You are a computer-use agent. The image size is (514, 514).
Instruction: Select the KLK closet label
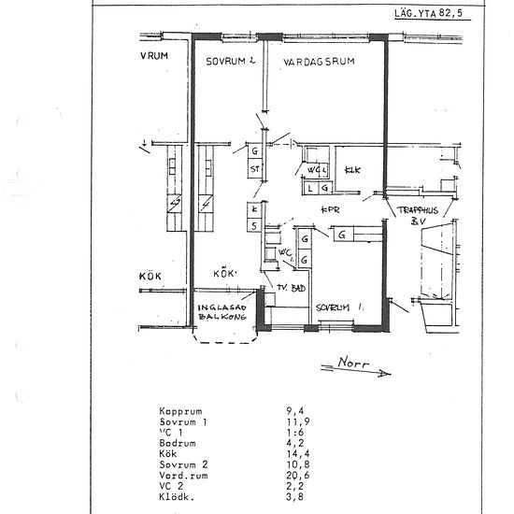[352, 170]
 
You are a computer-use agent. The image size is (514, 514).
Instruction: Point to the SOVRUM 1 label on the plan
[337, 307]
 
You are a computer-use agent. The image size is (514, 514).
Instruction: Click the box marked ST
[254, 169]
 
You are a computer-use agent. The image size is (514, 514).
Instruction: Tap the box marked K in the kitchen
[253, 209]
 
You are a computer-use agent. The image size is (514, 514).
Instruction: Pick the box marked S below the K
[253, 225]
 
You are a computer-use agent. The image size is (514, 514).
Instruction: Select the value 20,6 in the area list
[297, 476]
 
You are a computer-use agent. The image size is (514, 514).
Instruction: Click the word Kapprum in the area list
[181, 410]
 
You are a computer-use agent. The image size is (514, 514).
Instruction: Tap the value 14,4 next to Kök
[297, 454]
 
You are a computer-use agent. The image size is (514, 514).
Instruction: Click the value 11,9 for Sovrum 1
[297, 421]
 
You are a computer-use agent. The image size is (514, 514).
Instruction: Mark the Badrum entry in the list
[178, 443]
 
